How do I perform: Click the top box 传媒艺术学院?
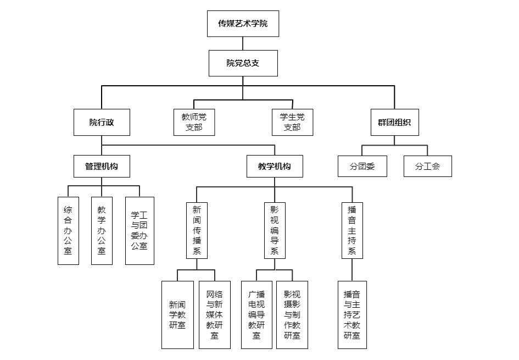pos(243,24)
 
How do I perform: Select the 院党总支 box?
pos(243,63)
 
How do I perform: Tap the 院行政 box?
pos(102,122)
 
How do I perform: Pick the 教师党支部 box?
pos(194,122)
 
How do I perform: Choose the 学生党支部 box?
pos(292,122)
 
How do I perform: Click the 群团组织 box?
pos(394,122)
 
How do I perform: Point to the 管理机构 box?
pos(102,166)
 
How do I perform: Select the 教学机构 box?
pos(275,166)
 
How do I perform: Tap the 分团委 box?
pos(362,166)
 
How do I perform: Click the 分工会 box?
pos(428,166)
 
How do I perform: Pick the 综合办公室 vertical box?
pos(68,231)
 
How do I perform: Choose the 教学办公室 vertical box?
pos(102,231)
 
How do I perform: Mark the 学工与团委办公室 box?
pos(139,231)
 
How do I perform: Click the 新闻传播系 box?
pos(197,230)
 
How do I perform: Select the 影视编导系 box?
pos(275,230)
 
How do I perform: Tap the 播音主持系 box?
pos(352,230)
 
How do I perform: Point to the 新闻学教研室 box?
pos(177,315)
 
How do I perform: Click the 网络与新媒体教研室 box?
pos(215,315)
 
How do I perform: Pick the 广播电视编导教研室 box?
pos(256,315)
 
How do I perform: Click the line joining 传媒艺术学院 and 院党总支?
pos(243,43)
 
